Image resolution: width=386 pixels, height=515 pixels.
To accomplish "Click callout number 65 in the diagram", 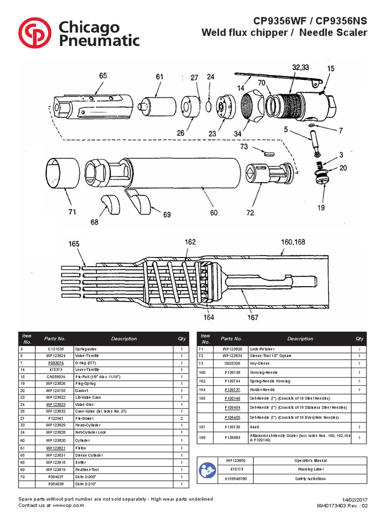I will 103,76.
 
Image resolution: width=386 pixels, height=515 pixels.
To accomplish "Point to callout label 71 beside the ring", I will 72,212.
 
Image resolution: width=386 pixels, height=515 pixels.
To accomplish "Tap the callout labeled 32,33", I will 301,67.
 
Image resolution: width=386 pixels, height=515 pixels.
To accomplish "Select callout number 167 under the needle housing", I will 253,317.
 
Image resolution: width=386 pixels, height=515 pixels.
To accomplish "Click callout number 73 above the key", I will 244,146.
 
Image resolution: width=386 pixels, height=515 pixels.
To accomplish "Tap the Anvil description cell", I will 254,427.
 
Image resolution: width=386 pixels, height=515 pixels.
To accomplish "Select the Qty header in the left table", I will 181,338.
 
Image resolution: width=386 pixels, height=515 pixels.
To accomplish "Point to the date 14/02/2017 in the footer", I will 355,499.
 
